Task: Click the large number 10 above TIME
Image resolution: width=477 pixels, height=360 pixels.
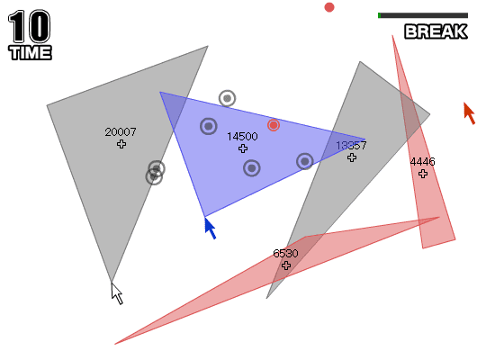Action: click(x=29, y=26)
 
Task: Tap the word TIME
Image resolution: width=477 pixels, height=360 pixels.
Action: click(x=30, y=52)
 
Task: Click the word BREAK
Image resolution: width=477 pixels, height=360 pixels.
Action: click(x=436, y=31)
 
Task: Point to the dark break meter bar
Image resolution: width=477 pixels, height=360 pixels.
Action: click(x=423, y=15)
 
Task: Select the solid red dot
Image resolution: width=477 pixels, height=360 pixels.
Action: click(x=329, y=7)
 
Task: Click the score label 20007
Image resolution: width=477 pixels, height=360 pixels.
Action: click(x=121, y=132)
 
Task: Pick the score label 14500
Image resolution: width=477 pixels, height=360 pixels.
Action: click(x=242, y=136)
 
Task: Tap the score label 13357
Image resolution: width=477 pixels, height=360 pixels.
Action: click(x=351, y=146)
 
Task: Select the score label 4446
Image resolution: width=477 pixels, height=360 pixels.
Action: click(x=422, y=162)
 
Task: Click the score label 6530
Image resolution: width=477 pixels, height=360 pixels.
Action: click(x=285, y=254)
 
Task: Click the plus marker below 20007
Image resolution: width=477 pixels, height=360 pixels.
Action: click(x=121, y=144)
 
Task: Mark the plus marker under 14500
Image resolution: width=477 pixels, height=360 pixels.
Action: click(x=243, y=148)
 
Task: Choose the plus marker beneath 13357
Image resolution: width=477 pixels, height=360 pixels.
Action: click(x=352, y=157)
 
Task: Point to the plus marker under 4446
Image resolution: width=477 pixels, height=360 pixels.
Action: click(x=423, y=174)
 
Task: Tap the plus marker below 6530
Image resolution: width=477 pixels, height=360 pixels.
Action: click(x=286, y=265)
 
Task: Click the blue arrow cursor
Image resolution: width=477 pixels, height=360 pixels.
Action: click(x=210, y=228)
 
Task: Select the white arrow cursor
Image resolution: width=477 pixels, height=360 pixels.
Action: click(x=117, y=293)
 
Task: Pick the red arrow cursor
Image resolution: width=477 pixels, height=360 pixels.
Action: click(x=470, y=112)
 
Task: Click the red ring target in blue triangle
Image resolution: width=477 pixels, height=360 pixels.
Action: click(x=274, y=125)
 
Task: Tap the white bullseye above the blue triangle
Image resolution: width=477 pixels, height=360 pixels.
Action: click(x=227, y=98)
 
